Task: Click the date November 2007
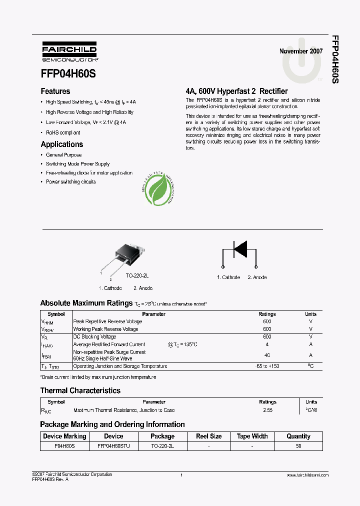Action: (x=300, y=51)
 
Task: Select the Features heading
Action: (x=55, y=91)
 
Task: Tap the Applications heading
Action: (x=61, y=144)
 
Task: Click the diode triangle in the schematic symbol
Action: (x=240, y=248)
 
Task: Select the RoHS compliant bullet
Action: (x=63, y=133)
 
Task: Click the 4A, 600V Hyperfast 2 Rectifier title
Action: (x=236, y=91)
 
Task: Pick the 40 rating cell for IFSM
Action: (x=267, y=355)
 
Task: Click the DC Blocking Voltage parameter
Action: (x=94, y=337)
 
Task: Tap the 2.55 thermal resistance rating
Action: (x=267, y=410)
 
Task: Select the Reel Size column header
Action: (x=208, y=436)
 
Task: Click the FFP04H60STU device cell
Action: (x=113, y=445)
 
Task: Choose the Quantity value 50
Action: (x=298, y=445)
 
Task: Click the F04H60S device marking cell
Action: (x=64, y=445)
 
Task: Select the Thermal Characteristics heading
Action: (x=80, y=390)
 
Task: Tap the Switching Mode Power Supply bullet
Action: (x=77, y=164)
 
